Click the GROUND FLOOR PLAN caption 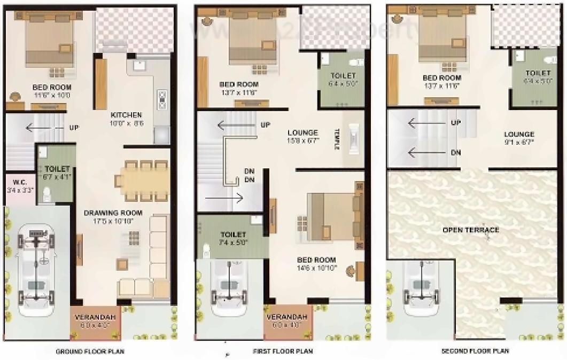click(x=90, y=351)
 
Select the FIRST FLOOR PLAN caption click(x=282, y=351)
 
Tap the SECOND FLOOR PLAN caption click(x=475, y=351)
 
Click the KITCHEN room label click(x=126, y=115)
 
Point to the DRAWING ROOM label click(x=108, y=213)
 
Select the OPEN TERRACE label click(x=470, y=230)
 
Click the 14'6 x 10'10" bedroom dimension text click(x=316, y=268)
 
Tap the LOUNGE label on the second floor click(x=518, y=135)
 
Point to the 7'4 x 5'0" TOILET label click(x=233, y=238)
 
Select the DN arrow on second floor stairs click(x=430, y=153)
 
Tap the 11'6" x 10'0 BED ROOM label click(x=52, y=91)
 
